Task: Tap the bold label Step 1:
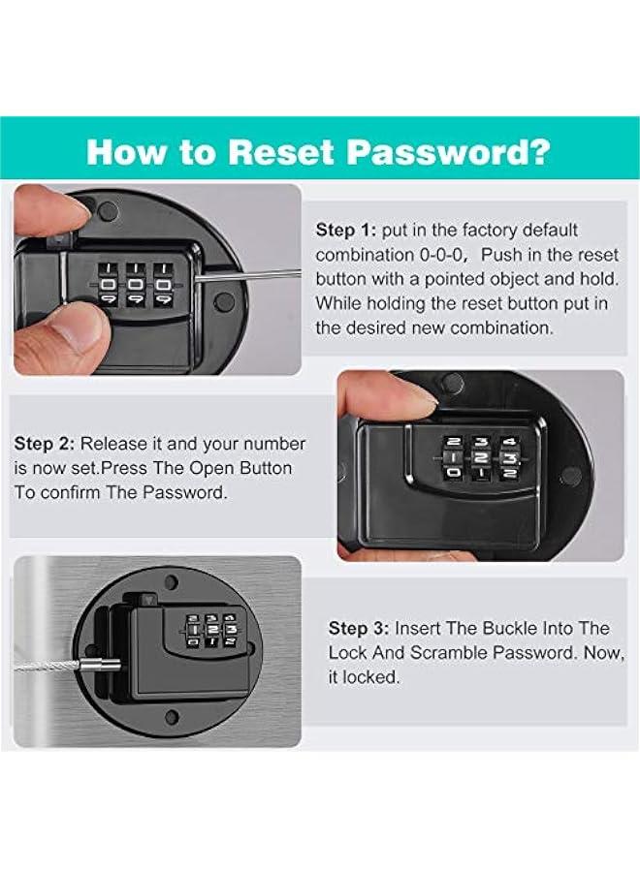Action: point(346,231)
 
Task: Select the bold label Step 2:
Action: point(44,444)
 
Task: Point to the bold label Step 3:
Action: point(359,629)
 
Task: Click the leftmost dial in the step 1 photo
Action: point(109,284)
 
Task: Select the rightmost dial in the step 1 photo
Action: point(163,284)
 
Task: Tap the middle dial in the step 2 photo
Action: point(480,457)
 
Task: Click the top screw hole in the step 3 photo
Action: point(171,583)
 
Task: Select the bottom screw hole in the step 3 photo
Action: point(173,717)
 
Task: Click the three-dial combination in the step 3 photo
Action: point(211,630)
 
